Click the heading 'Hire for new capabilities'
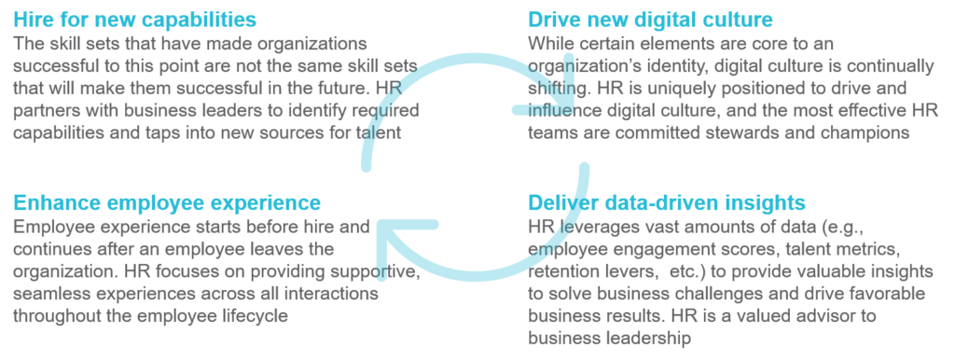click(136, 19)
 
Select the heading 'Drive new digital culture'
click(651, 19)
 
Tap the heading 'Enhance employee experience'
click(167, 201)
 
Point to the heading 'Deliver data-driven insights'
click(666, 201)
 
